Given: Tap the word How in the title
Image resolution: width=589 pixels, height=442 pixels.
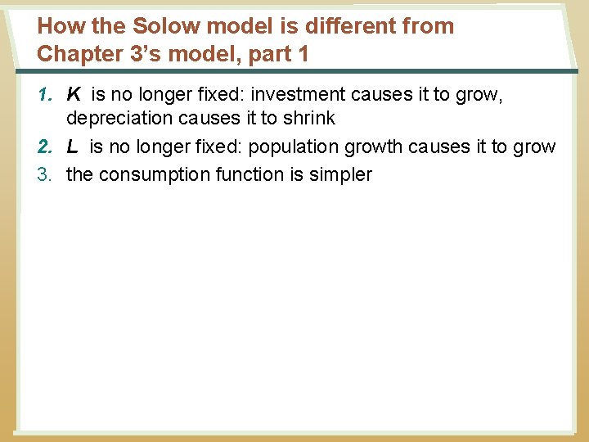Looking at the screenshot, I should [55, 26].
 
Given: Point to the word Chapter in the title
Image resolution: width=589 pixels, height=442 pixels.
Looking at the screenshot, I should [74, 54].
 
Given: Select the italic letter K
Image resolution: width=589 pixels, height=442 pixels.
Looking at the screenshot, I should [74, 95].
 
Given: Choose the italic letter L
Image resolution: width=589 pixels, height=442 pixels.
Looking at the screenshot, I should [73, 147].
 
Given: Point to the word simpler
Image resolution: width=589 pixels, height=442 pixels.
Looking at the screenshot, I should [339, 174].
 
